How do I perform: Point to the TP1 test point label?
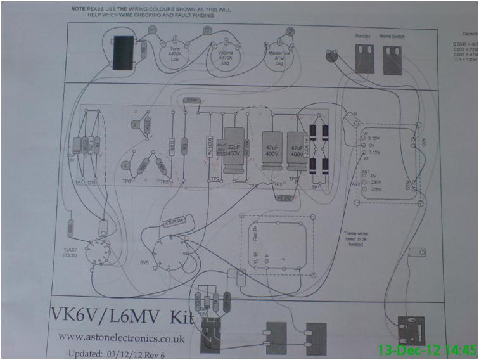pyautogui.click(x=315, y=188)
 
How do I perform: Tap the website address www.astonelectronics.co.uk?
pyautogui.click(x=121, y=339)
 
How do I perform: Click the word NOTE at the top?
pyautogui.click(x=79, y=10)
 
